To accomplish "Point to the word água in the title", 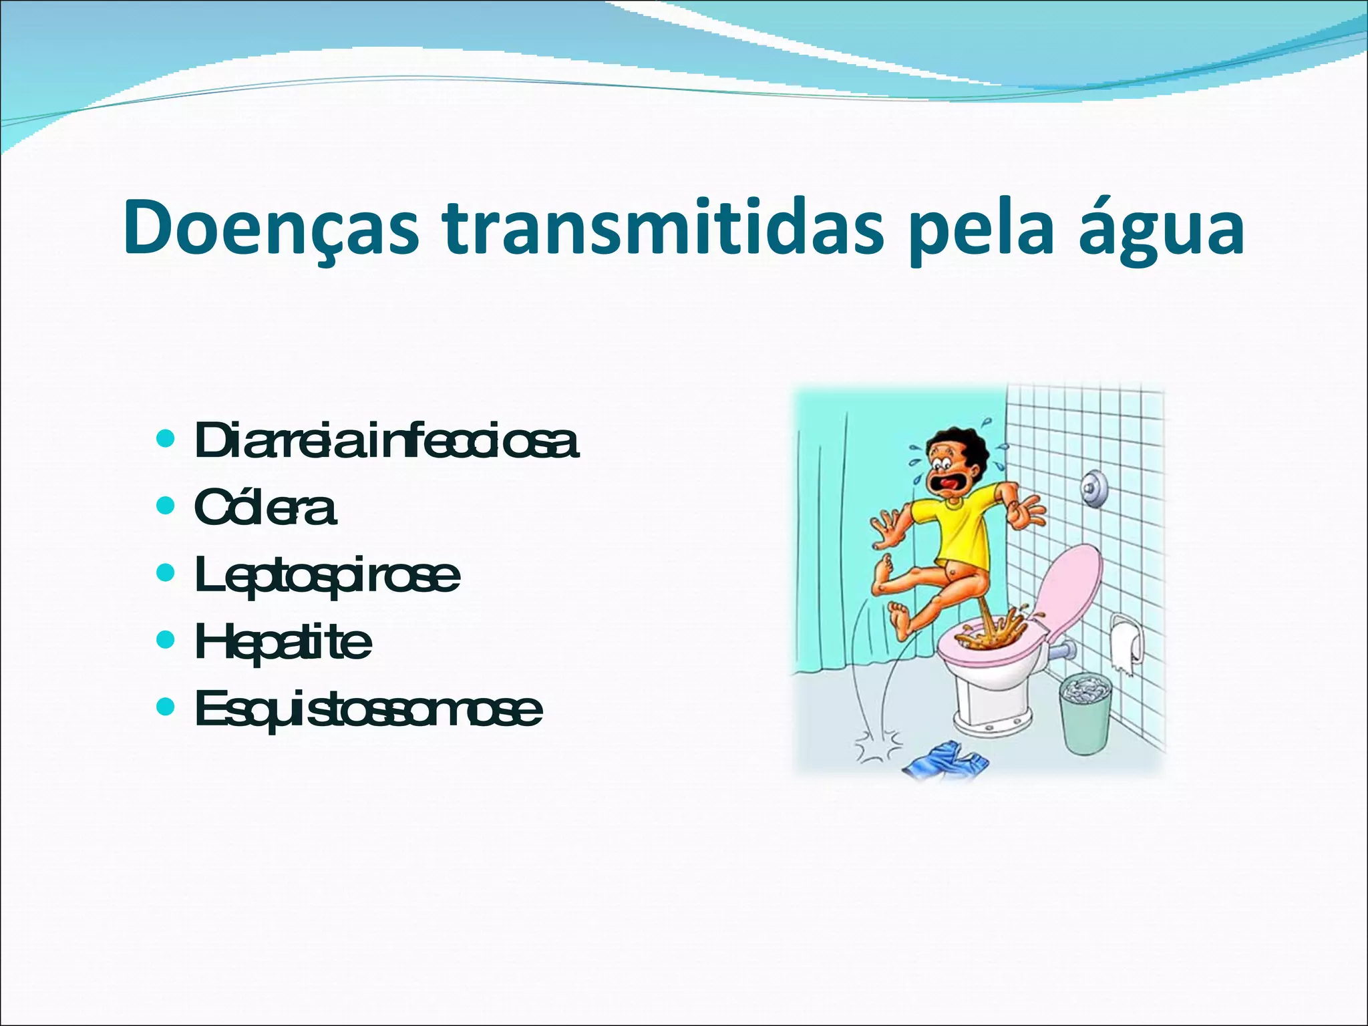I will click(1162, 228).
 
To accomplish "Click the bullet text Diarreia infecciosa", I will click(386, 441).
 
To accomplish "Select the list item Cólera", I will click(265, 508).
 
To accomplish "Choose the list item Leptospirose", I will click(327, 576).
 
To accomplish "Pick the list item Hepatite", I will click(283, 642).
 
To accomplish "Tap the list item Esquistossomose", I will click(368, 709).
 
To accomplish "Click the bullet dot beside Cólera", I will click(164, 505).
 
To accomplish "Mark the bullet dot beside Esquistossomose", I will click(164, 706).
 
